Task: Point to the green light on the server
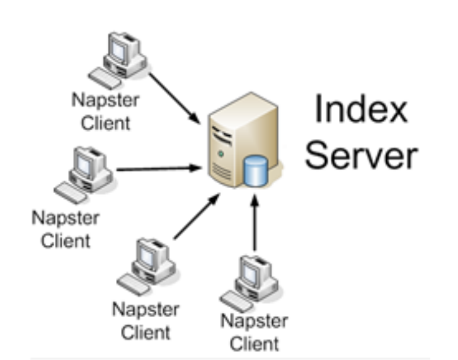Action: click(220, 153)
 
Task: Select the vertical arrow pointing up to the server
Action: click(255, 224)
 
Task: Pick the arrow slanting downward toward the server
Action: click(174, 94)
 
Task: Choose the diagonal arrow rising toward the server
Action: click(197, 217)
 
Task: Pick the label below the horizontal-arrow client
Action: click(65, 230)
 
